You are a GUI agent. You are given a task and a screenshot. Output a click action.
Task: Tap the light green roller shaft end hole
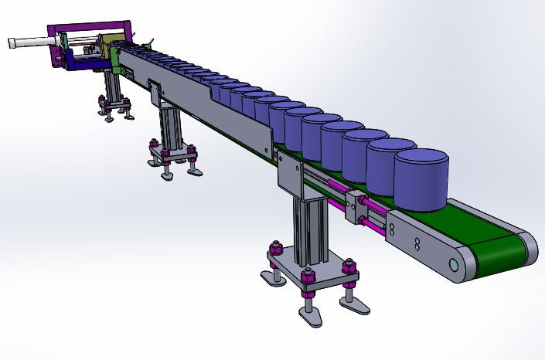pos(454,266)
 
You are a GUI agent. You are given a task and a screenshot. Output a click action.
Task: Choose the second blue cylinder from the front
pos(388,166)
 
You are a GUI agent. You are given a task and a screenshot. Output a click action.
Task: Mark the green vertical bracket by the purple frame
pos(114,61)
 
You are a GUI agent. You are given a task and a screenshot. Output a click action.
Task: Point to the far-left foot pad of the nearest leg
pos(271,278)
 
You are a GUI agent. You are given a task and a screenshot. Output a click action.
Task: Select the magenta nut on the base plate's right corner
pos(349,267)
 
